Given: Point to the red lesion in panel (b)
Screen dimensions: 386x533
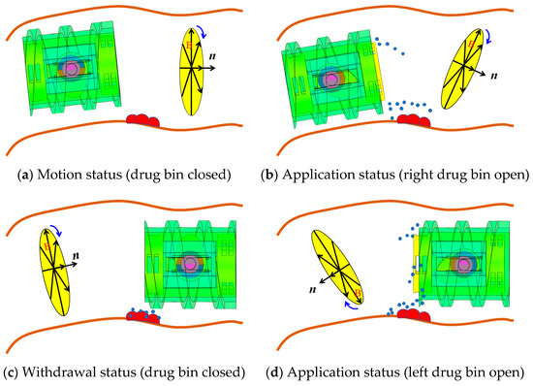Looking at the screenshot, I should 414,120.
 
